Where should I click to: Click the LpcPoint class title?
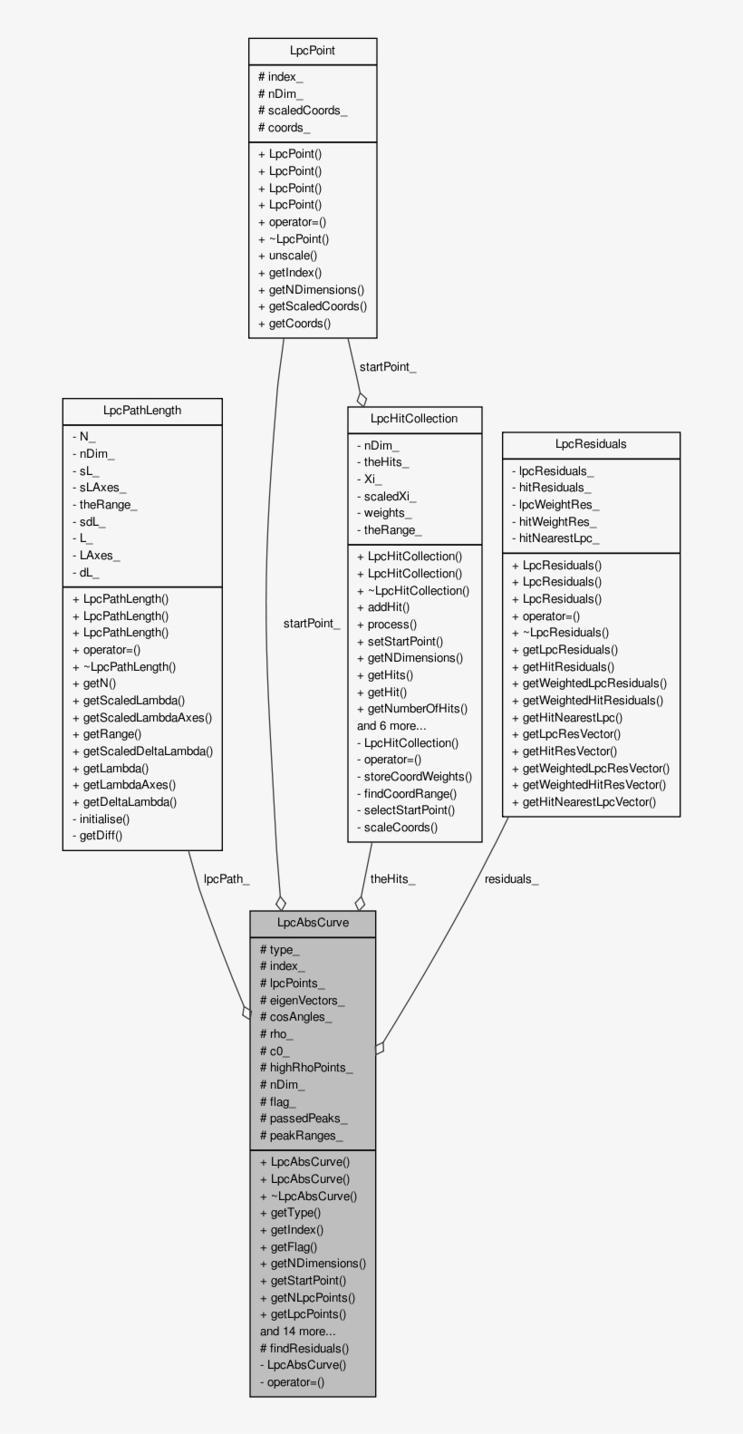click(313, 51)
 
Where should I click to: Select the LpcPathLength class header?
click(142, 411)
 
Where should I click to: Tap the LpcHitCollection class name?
click(414, 419)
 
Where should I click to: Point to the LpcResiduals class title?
click(591, 444)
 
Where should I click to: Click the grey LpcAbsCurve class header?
click(313, 923)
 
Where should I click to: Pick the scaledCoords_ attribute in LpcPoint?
click(303, 111)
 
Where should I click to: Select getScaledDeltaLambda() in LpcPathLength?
click(142, 751)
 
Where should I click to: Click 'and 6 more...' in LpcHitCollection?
click(391, 725)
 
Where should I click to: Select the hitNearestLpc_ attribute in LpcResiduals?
click(555, 538)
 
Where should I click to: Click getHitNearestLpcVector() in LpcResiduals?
click(584, 802)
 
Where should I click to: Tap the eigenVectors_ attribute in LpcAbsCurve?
click(303, 1001)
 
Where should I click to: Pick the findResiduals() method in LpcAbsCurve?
click(304, 1349)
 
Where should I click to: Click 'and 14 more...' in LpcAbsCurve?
click(298, 1332)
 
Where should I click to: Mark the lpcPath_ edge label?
click(227, 878)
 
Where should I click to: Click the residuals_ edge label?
click(511, 878)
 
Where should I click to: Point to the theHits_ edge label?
click(392, 878)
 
